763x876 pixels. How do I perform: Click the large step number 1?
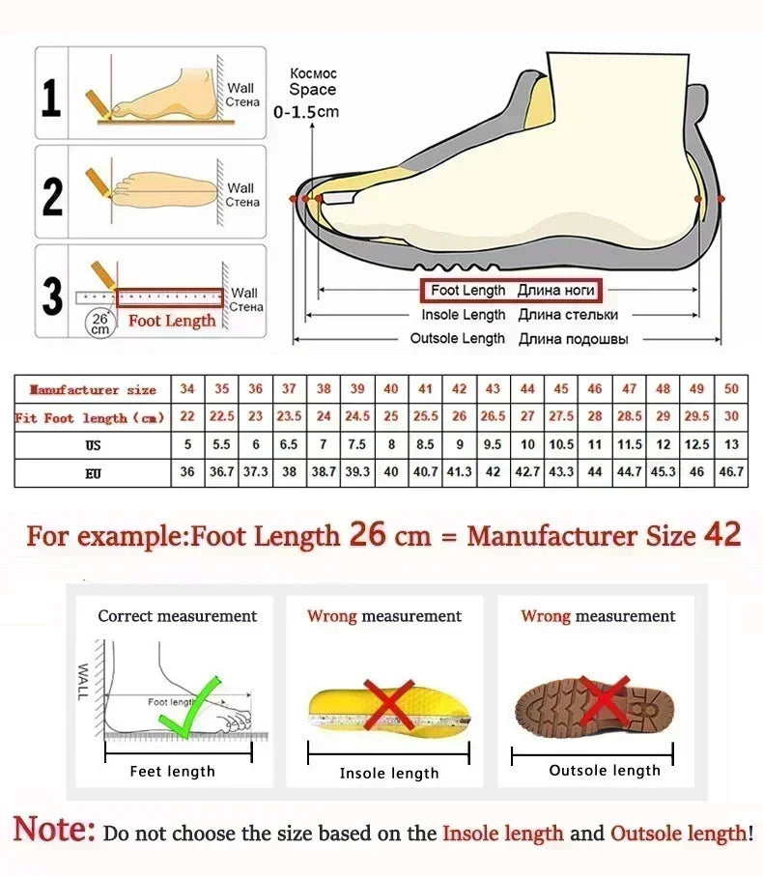(x=51, y=99)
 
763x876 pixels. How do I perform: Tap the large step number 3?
(x=52, y=296)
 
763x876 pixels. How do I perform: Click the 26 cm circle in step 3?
(x=99, y=323)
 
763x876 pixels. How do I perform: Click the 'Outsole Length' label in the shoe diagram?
(x=457, y=338)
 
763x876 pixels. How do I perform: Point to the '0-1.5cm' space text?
(x=306, y=112)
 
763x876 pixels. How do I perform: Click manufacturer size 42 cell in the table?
(x=460, y=389)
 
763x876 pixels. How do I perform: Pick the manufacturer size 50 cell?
(x=731, y=389)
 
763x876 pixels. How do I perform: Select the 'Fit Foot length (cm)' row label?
(x=90, y=418)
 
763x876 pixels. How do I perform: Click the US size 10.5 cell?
(x=561, y=445)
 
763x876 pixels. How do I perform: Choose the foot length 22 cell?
(x=187, y=417)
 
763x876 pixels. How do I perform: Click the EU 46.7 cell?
(x=731, y=473)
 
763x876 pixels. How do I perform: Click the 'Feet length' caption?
(x=173, y=771)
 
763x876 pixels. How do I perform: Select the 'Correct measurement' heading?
(x=178, y=616)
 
